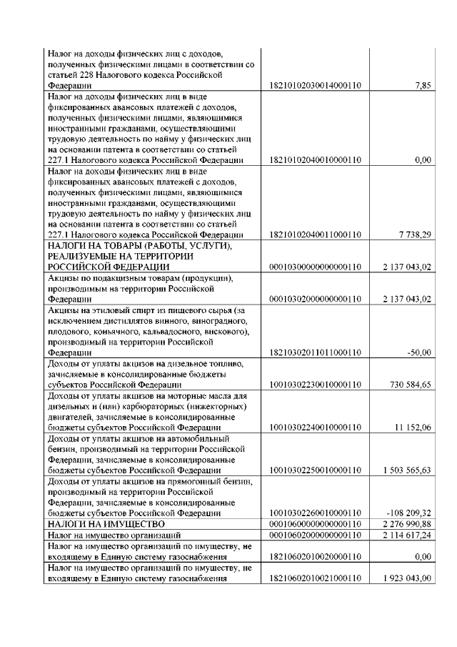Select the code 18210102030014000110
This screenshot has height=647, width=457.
(x=314, y=86)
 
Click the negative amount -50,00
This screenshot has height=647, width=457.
(x=419, y=352)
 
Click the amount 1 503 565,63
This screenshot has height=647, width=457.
(x=403, y=470)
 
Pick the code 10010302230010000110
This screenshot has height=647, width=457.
(x=314, y=385)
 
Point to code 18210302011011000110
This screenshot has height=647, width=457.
(x=314, y=352)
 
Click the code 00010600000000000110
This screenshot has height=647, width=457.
(x=314, y=524)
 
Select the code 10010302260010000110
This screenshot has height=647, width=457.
(x=314, y=513)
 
